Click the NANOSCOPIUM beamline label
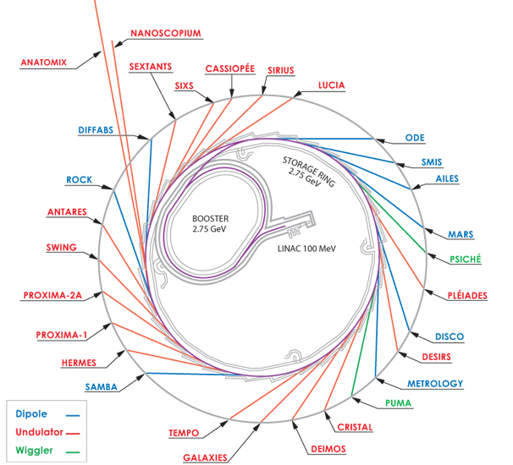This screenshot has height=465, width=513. (x=166, y=33)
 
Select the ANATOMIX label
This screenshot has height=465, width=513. (x=44, y=63)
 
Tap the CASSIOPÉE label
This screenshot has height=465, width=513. (x=230, y=68)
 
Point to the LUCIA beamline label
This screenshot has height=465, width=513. (x=332, y=85)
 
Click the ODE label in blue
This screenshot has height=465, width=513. (x=415, y=138)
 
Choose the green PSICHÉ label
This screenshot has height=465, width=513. (x=466, y=259)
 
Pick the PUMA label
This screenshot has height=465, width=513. (x=398, y=403)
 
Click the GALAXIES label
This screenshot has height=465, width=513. (x=205, y=457)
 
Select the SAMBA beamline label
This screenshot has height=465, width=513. (x=101, y=387)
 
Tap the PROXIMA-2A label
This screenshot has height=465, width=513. (x=52, y=295)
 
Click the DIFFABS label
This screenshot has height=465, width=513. (x=96, y=130)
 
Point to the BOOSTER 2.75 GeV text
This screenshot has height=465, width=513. (x=210, y=223)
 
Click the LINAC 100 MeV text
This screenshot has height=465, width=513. (x=306, y=249)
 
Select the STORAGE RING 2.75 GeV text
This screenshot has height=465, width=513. (x=307, y=172)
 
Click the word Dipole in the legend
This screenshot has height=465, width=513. (x=31, y=414)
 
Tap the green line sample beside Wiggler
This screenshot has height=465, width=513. (x=73, y=452)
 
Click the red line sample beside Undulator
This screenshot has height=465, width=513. (x=73, y=434)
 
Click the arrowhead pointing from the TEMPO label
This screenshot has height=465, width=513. (x=224, y=424)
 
